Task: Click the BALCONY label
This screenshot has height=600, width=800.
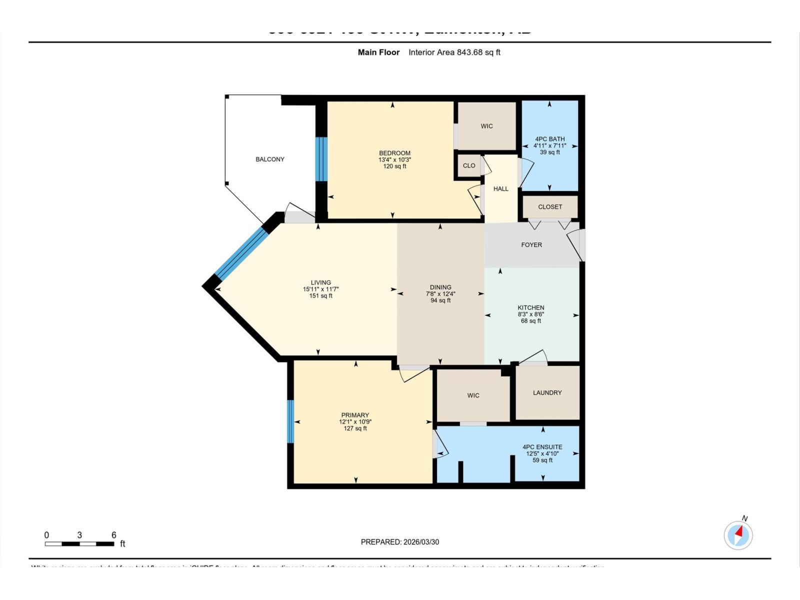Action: pyautogui.click(x=270, y=159)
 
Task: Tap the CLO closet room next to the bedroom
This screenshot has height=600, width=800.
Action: pyautogui.click(x=469, y=165)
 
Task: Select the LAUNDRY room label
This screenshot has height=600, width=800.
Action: pyautogui.click(x=547, y=393)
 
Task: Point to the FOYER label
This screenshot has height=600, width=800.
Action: pyautogui.click(x=531, y=245)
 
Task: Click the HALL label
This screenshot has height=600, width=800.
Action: pyautogui.click(x=500, y=189)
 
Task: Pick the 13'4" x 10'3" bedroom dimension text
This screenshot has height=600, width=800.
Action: pyautogui.click(x=394, y=160)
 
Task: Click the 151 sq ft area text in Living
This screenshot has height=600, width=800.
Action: pyautogui.click(x=320, y=296)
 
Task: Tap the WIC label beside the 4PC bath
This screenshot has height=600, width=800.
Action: pyautogui.click(x=486, y=126)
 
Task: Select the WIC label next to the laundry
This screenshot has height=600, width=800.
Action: pyautogui.click(x=473, y=395)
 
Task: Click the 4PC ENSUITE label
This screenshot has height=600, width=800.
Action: pyautogui.click(x=542, y=447)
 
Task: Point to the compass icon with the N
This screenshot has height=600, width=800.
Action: pyautogui.click(x=738, y=535)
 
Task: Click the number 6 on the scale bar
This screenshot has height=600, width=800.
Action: pyautogui.click(x=113, y=535)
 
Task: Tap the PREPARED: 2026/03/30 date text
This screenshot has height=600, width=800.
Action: pyautogui.click(x=400, y=542)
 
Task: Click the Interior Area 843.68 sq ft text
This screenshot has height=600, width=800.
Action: pyautogui.click(x=454, y=52)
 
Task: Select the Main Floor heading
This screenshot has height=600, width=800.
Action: pyautogui.click(x=378, y=52)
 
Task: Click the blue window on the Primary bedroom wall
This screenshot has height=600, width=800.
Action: pyautogui.click(x=290, y=421)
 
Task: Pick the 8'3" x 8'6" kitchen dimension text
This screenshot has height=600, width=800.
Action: pyautogui.click(x=530, y=314)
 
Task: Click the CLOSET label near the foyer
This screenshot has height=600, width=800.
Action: pyautogui.click(x=550, y=207)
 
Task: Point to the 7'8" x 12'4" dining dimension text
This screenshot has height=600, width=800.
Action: pyautogui.click(x=440, y=294)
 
